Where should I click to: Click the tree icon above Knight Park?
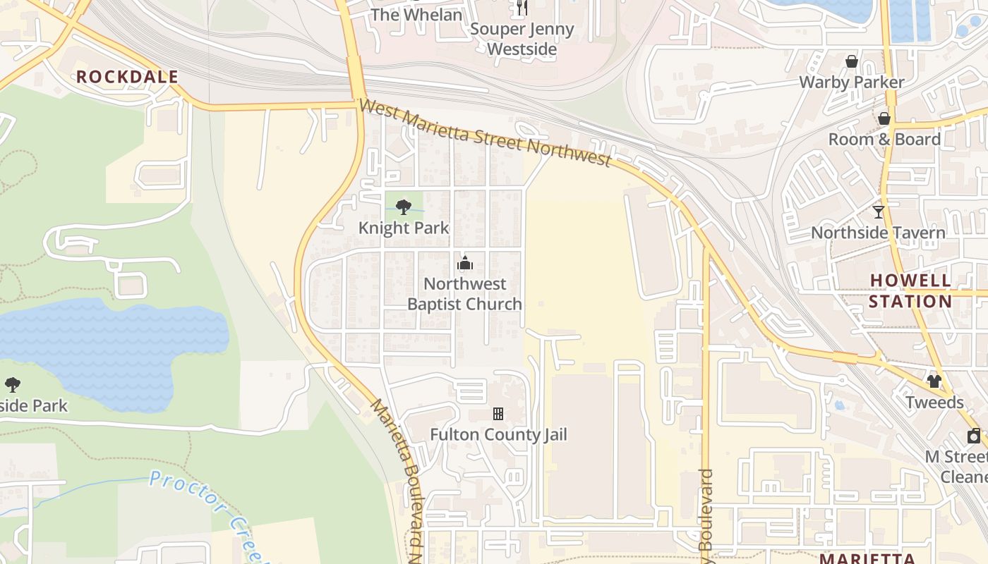(x=404, y=207)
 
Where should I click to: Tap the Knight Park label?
(x=404, y=228)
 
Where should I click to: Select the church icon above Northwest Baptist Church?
(x=465, y=264)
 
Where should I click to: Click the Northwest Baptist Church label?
(x=465, y=294)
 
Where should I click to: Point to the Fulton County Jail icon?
(x=498, y=414)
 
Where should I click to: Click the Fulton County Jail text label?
(x=498, y=435)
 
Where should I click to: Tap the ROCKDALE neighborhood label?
(x=127, y=78)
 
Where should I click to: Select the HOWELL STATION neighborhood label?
(x=910, y=290)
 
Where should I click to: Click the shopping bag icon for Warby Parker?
(x=852, y=61)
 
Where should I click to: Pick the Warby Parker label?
(x=851, y=82)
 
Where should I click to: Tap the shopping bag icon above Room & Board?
(x=884, y=118)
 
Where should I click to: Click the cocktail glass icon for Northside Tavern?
(x=878, y=211)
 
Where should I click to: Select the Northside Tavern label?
(x=878, y=233)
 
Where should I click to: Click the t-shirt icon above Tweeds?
(x=934, y=381)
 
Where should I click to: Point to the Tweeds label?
(x=934, y=403)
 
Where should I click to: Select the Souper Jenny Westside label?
(x=522, y=39)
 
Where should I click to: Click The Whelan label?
(x=416, y=15)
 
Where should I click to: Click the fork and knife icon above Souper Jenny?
(x=522, y=8)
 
